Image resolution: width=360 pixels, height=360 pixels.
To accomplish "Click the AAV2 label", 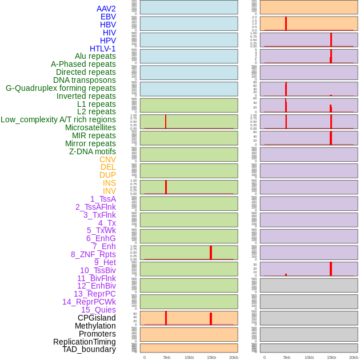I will tap(106, 9).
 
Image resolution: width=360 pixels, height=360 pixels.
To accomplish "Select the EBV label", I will tap(108, 17).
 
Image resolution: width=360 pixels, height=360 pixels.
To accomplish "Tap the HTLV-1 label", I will tap(102, 49).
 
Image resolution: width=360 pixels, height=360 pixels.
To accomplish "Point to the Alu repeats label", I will tap(95, 56).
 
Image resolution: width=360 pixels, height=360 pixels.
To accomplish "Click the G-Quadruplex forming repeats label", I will tap(61, 88).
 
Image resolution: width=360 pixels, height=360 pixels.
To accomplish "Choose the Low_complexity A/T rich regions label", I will tap(58, 119).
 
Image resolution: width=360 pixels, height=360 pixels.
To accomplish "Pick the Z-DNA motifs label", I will tap(93, 151).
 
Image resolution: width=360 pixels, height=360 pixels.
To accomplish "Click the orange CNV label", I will tap(107, 159).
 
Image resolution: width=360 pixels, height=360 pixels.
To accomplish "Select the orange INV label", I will tap(109, 191).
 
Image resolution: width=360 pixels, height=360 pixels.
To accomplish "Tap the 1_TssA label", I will tap(103, 199).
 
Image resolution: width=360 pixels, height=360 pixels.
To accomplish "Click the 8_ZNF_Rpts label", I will tap(93, 254).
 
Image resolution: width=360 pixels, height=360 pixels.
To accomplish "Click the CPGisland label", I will tap(97, 318).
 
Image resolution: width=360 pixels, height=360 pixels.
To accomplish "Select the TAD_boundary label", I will tap(89, 349).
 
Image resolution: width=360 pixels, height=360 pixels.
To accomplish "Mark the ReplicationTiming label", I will tap(84, 342).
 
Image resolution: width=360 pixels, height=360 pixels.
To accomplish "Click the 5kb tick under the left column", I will tap(167, 357).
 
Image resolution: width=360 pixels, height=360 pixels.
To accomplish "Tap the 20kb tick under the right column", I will tap(354, 357).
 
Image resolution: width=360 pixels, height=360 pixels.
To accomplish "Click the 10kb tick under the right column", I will tap(309, 357).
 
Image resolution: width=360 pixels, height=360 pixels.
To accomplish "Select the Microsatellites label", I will tap(90, 127).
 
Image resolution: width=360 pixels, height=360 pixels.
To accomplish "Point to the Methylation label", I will tap(95, 326).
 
